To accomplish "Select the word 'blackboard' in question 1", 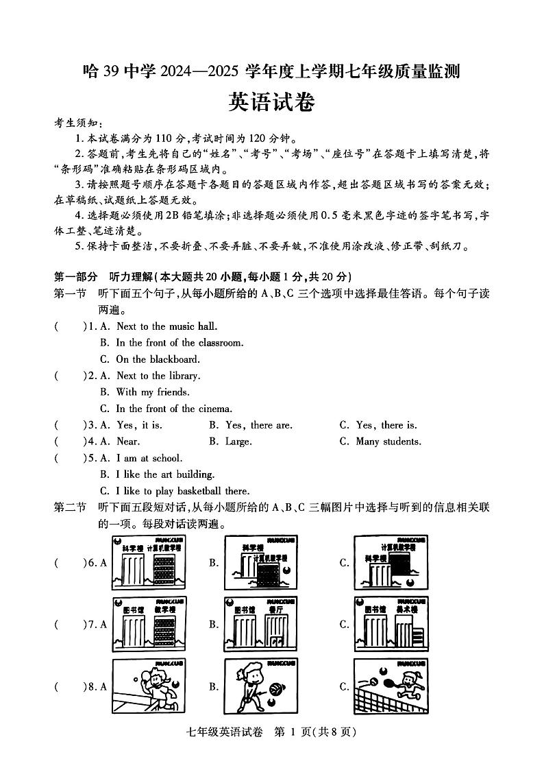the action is tap(177, 359).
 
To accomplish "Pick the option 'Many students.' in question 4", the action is tap(388, 442).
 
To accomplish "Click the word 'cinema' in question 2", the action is tap(214, 409).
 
